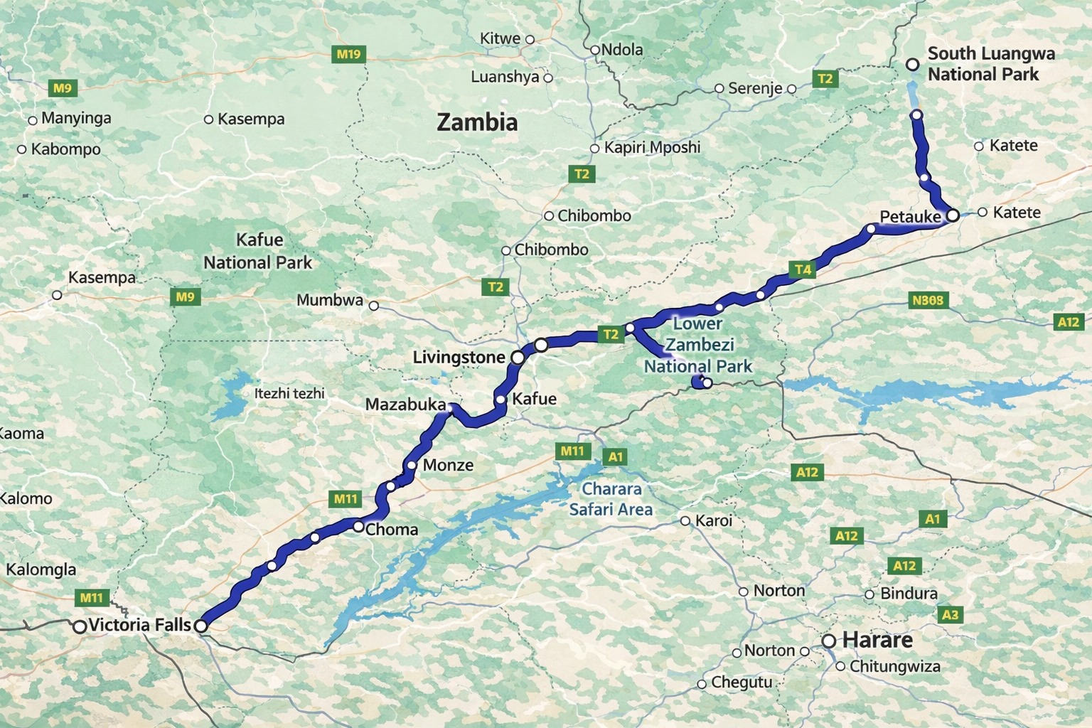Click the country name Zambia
[477, 122]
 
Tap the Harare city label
[877, 640]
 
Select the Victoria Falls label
[140, 625]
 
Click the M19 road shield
[348, 54]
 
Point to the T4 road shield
[802, 269]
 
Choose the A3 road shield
[949, 615]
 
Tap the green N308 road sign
[928, 300]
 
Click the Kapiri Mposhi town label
[652, 147]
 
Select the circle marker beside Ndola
[595, 50]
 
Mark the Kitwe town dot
[530, 39]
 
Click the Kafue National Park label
[257, 251]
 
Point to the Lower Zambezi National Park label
[697, 345]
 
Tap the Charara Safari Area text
[611, 499]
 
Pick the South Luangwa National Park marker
[913, 65]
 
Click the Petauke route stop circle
[953, 215]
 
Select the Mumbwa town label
[330, 300]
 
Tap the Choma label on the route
[391, 529]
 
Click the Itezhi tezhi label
[289, 393]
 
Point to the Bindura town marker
[869, 594]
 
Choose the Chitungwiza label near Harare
[894, 666]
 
